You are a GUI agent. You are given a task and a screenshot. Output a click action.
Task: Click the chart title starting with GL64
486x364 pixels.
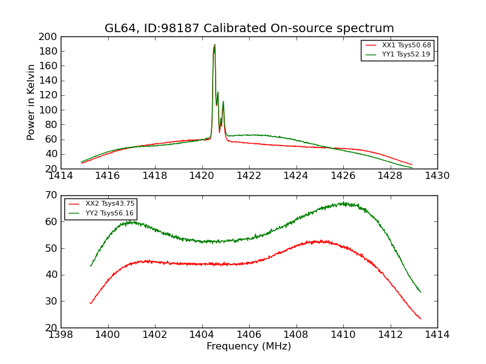(x=249, y=29)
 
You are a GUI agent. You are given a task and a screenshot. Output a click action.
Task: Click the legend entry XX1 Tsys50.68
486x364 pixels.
(x=406, y=45)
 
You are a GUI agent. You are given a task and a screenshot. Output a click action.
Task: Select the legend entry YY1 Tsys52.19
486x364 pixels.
(x=406, y=55)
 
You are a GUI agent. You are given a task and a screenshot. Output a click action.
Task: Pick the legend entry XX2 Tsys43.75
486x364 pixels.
(x=109, y=204)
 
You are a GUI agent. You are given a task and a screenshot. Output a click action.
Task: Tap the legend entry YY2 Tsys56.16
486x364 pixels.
(x=109, y=213)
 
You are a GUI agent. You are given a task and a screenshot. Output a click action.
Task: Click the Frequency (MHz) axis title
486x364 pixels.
(x=248, y=346)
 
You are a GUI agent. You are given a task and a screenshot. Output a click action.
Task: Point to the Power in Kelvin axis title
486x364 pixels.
(x=32, y=103)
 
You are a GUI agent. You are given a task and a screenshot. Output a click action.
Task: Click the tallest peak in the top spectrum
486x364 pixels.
(x=214, y=45)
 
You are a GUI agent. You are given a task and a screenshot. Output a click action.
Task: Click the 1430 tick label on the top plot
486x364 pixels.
(x=437, y=176)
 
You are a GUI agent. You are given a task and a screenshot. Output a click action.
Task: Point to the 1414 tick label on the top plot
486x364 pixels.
(x=61, y=176)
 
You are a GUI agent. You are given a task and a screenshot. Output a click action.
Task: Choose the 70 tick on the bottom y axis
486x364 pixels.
(x=51, y=195)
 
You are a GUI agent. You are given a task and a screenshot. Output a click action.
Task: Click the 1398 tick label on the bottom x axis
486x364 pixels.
(x=61, y=335)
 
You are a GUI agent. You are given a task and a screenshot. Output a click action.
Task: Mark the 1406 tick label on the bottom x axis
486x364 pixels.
(x=249, y=335)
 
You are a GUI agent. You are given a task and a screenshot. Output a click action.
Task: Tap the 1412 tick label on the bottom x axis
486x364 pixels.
(x=390, y=335)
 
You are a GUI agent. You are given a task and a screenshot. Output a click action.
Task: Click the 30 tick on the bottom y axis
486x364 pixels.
(x=51, y=301)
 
